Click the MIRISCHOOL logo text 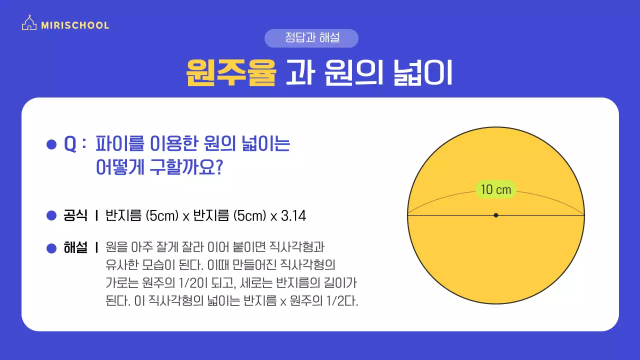75,25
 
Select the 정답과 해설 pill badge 311,38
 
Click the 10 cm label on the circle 495,189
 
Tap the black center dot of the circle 495,215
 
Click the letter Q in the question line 70,144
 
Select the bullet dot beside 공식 51,216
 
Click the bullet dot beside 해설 51,248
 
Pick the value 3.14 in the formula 293,216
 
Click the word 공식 75,216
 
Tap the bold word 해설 75,247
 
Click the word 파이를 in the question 119,144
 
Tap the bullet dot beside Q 51,144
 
